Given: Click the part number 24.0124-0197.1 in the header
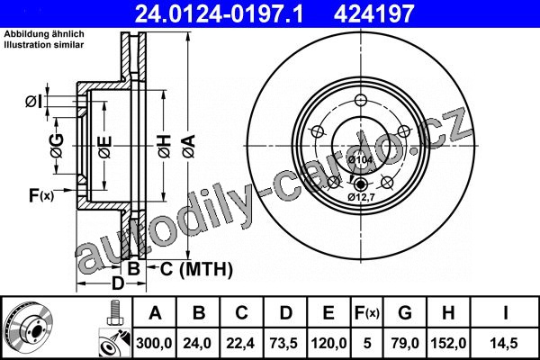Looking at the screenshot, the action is tap(219, 14).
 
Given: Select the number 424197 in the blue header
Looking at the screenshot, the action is tap(373, 14).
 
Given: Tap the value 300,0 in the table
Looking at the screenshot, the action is tap(154, 343).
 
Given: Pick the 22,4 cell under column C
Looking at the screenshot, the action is tap(240, 343).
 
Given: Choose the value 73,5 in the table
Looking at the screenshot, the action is tap(284, 343).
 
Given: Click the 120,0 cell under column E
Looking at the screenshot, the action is tap(328, 343).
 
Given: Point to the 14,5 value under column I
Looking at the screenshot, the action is tap(505, 343).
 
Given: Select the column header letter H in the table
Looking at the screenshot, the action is tap(448, 313).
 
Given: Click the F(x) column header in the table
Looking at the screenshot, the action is tap(367, 313).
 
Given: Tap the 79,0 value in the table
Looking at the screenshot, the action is tap(405, 343).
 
